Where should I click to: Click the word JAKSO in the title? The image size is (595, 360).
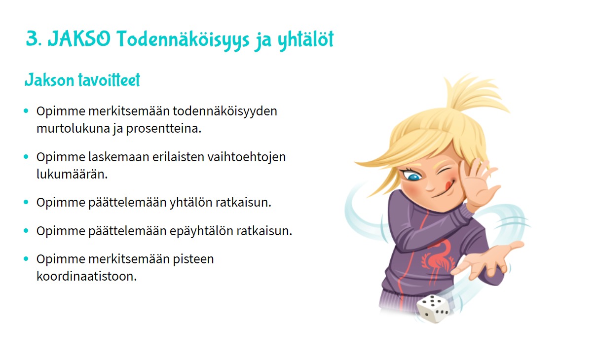(79, 39)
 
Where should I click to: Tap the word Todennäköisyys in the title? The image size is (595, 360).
(183, 40)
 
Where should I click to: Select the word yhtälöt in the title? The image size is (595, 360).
(305, 40)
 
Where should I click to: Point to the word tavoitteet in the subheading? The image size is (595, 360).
(109, 80)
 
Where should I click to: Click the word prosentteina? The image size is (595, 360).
(164, 129)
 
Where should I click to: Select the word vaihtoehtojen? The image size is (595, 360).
(247, 157)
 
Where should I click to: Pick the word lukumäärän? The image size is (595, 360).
(72, 174)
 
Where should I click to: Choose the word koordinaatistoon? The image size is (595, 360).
(87, 276)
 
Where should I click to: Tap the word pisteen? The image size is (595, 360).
(193, 259)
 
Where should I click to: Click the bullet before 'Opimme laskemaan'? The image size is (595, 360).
(26, 157)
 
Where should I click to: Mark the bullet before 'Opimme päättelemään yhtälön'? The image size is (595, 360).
(26, 202)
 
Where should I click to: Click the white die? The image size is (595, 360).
(434, 309)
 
